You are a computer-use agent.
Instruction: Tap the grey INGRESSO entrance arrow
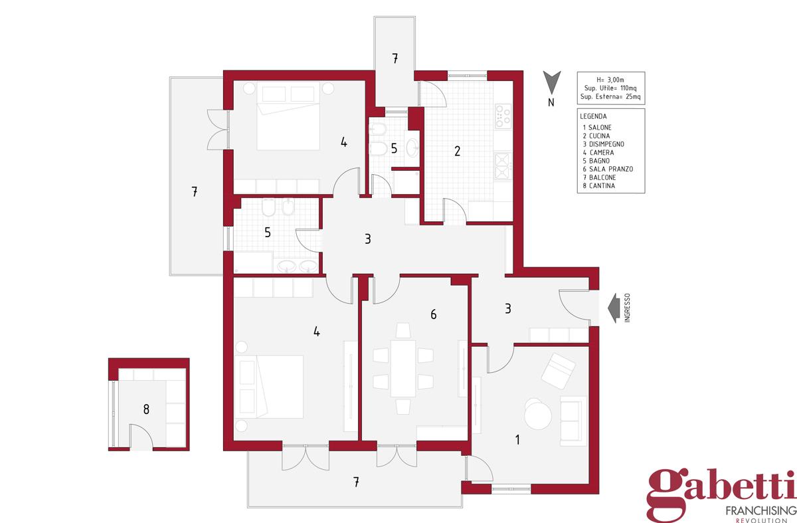coord(614,308)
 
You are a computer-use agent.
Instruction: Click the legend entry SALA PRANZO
coord(608,169)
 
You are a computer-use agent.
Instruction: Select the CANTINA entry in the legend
coord(599,185)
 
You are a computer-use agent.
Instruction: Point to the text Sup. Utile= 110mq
coord(610,88)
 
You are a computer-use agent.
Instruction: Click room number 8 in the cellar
coord(146,409)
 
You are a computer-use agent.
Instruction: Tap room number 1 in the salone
coord(517,440)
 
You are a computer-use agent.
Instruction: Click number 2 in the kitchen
coord(457,151)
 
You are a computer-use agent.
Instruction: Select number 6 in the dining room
coord(433,314)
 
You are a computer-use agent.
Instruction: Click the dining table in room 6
coord(403,368)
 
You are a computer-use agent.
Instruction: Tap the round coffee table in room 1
coord(537,414)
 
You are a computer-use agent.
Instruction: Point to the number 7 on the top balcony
coord(395,58)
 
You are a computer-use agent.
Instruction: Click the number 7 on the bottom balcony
coord(356,482)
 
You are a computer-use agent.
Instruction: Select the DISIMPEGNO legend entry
coord(604,144)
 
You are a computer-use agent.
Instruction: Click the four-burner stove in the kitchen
coord(503,116)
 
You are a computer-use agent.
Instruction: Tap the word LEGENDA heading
coord(593,116)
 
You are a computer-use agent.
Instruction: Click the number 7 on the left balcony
coord(194,191)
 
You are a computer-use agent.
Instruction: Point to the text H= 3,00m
coord(610,80)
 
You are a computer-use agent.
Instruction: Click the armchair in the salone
coord(558,371)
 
